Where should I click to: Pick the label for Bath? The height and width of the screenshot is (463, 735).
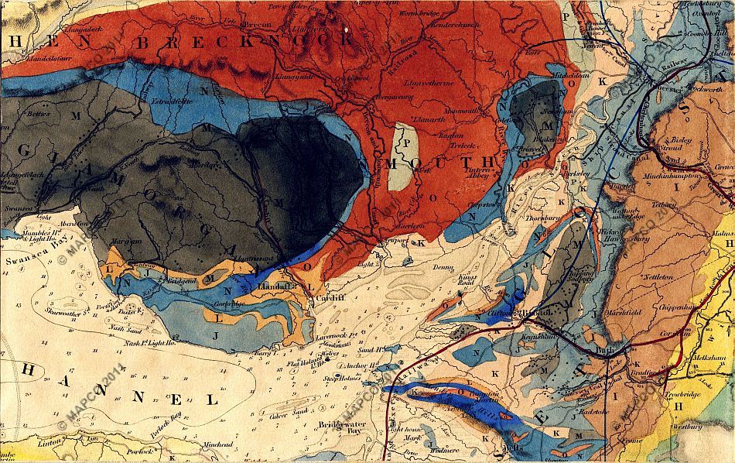tap(604, 349)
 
